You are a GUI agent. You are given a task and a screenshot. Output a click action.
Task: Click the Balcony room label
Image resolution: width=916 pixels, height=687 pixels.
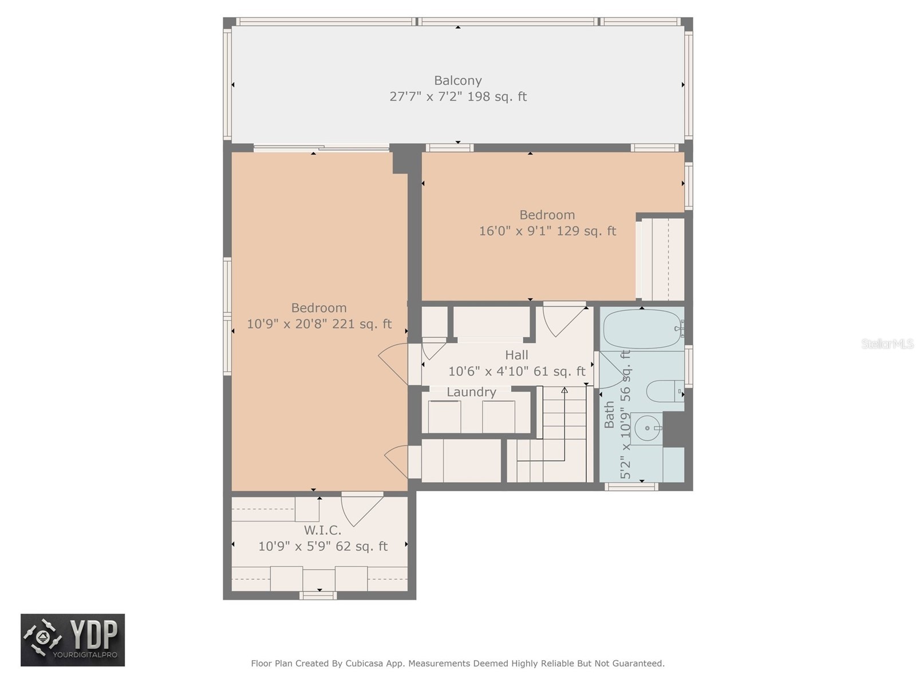pyautogui.click(x=457, y=81)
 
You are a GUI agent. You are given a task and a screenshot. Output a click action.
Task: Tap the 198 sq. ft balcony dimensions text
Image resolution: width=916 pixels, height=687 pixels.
pyautogui.click(x=457, y=96)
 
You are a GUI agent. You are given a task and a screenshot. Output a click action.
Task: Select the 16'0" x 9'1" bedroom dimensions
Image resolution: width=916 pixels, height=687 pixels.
pyautogui.click(x=547, y=231)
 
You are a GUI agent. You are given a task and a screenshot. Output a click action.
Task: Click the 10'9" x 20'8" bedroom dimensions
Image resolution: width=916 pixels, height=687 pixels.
pyautogui.click(x=319, y=324)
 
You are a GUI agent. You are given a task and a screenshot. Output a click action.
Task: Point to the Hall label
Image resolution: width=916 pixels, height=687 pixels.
pyautogui.click(x=516, y=355)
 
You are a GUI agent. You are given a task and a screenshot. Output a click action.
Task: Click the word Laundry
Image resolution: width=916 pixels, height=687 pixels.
pyautogui.click(x=471, y=392)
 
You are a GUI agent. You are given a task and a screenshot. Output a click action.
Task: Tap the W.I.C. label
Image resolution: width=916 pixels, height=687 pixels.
pyautogui.click(x=322, y=531)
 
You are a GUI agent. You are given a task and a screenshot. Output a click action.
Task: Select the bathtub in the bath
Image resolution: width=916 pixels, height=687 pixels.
pyautogui.click(x=641, y=329)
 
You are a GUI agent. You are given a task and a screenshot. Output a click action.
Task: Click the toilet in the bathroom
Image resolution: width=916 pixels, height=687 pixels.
pyautogui.click(x=664, y=392)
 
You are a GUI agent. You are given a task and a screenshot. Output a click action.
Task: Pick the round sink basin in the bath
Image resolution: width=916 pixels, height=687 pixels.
pyautogui.click(x=647, y=428)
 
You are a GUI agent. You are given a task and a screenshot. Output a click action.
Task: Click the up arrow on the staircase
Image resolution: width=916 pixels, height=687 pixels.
pyautogui.click(x=564, y=390)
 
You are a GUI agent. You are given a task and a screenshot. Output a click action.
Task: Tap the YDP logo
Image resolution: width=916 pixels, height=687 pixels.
pyautogui.click(x=73, y=640)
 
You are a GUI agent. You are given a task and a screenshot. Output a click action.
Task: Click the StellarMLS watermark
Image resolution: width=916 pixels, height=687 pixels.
pyautogui.click(x=887, y=344)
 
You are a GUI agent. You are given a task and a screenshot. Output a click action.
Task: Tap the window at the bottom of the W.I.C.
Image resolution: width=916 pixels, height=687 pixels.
pyautogui.click(x=318, y=596)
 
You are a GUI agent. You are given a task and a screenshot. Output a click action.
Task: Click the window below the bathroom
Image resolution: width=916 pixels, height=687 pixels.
pyautogui.click(x=631, y=487)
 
